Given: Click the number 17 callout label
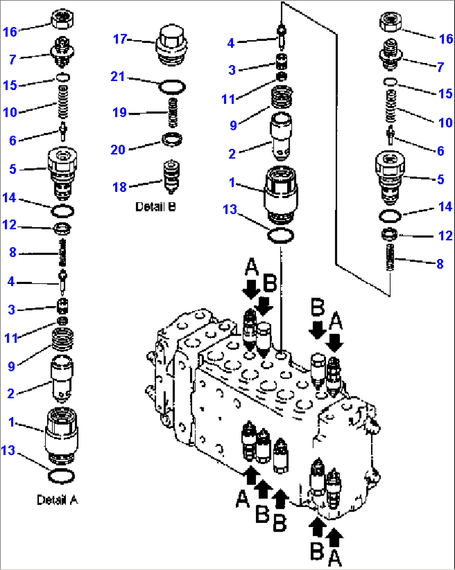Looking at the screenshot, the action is [x=120, y=39].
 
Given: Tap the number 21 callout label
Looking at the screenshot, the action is [x=118, y=77].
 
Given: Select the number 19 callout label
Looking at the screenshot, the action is [x=119, y=112].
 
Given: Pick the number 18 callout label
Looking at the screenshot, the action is [x=119, y=187].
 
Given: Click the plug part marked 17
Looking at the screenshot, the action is [x=171, y=46].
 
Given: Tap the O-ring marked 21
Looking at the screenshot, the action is [x=172, y=87].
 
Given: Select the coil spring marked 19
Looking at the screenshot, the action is [x=173, y=113].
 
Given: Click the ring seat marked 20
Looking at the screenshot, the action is [x=172, y=139].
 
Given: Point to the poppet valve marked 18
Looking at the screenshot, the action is [x=172, y=177].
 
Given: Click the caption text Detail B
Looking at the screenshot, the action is [x=155, y=207].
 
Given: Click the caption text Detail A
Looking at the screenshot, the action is [x=57, y=500].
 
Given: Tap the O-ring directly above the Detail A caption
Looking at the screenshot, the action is [x=61, y=476].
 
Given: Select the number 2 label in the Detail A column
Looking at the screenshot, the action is [x=11, y=394].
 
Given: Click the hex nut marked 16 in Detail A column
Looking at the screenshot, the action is [x=62, y=19].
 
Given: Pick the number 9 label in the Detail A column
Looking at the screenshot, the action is [x=11, y=367].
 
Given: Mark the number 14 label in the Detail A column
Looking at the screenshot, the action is [x=9, y=198].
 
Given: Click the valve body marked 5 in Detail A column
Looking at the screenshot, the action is [x=62, y=173].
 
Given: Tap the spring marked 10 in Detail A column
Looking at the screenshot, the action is [x=63, y=102].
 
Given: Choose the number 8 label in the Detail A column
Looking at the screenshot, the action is [x=13, y=252].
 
